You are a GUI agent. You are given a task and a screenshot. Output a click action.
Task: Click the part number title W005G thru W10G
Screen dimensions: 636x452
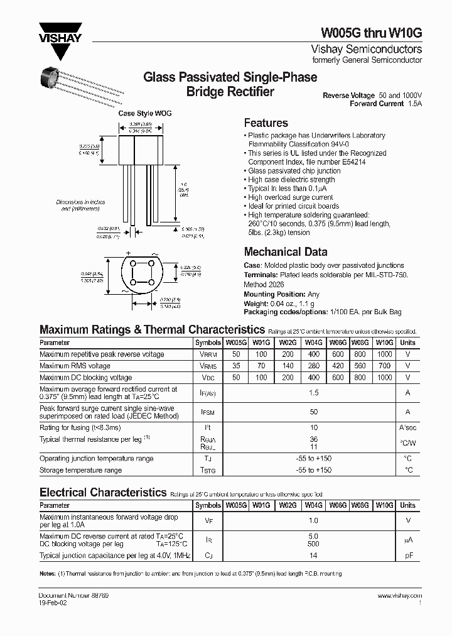pyautogui.click(x=372, y=33)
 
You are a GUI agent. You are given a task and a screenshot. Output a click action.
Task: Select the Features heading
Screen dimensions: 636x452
pyautogui.click(x=266, y=123)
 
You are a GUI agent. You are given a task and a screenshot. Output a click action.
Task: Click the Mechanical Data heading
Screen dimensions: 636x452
pyautogui.click(x=285, y=252)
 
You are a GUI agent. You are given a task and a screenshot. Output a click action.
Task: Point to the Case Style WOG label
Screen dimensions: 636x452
pyautogui.click(x=145, y=114)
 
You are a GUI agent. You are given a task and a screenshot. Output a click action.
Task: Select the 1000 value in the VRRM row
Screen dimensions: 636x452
pyautogui.click(x=384, y=354)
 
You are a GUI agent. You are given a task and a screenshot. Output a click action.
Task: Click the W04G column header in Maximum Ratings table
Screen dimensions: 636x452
pyautogui.click(x=313, y=343)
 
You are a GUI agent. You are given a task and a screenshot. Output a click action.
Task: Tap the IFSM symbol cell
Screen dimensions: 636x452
pyautogui.click(x=208, y=412)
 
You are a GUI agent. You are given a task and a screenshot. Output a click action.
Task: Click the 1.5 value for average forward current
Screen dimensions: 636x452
pyautogui.click(x=314, y=393)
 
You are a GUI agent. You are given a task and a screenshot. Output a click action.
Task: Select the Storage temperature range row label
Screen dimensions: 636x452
pyautogui.click(x=80, y=470)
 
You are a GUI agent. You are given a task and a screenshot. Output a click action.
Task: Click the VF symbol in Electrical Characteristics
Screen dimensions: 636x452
pyautogui.click(x=208, y=520)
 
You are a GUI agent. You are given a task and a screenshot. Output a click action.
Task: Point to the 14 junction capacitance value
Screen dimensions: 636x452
pyautogui.click(x=314, y=556)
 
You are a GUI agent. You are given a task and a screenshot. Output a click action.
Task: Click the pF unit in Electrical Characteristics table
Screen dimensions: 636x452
pyautogui.click(x=407, y=556)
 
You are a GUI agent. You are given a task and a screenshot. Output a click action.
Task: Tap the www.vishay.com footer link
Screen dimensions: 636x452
pyautogui.click(x=399, y=595)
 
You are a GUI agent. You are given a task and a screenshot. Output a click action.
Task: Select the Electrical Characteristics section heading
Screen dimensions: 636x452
pyautogui.click(x=102, y=492)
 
